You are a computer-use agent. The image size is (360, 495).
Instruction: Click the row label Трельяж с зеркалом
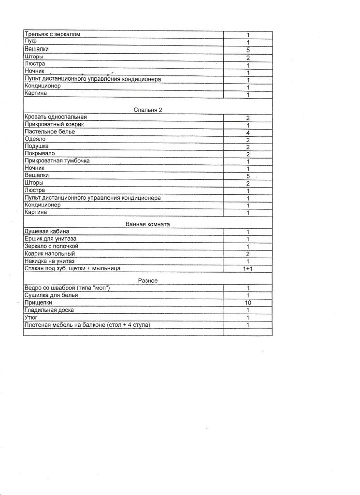[52, 34]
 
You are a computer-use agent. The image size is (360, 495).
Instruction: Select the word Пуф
[30, 42]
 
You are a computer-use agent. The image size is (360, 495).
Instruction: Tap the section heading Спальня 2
[148, 110]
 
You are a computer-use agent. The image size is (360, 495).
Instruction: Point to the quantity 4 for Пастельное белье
[247, 132]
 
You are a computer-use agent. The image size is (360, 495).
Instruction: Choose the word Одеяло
[35, 139]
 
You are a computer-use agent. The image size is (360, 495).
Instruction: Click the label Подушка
[36, 146]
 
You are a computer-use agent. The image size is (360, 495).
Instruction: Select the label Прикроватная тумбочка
[57, 161]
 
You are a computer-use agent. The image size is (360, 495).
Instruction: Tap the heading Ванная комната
[148, 224]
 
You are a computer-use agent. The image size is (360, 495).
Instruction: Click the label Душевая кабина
[47, 232]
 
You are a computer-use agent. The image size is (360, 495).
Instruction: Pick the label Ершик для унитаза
[50, 239]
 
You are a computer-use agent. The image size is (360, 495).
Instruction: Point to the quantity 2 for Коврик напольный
[247, 254]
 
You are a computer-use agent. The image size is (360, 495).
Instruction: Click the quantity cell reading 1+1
[247, 268]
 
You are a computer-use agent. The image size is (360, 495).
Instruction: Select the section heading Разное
[148, 281]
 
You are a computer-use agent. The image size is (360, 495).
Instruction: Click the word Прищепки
[38, 303]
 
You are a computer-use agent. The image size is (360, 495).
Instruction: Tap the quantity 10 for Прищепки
[247, 303]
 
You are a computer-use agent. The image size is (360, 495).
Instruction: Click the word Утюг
[31, 318]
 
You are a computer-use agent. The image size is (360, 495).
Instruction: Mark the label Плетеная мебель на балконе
[68, 325]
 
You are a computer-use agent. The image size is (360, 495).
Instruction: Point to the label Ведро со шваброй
[54, 288]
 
